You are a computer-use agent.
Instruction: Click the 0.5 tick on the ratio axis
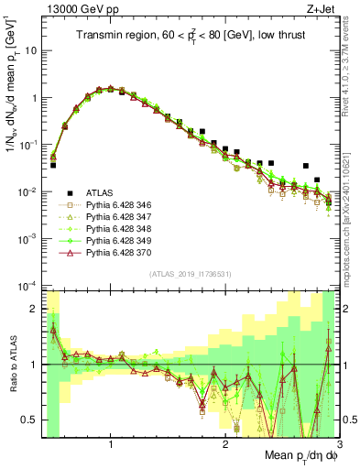(x=30, y=420)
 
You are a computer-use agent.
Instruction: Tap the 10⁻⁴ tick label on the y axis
(x=27, y=286)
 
